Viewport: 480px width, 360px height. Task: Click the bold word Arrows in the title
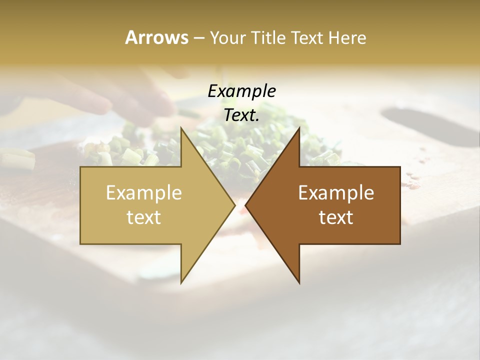tap(156, 37)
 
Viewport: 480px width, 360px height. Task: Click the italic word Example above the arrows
tap(241, 91)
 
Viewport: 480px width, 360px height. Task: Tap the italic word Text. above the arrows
tap(241, 115)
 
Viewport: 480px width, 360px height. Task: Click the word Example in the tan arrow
tap(144, 193)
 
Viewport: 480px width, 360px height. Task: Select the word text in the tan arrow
tap(144, 217)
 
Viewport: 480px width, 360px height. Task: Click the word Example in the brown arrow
tap(336, 193)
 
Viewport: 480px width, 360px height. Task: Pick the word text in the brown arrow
tap(336, 217)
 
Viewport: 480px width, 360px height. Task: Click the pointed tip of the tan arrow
tap(235, 205)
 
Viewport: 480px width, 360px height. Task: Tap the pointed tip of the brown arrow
tap(245, 205)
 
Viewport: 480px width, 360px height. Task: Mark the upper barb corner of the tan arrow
tap(181, 128)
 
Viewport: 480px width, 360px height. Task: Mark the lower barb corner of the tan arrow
tap(181, 283)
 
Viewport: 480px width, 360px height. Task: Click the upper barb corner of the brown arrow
tap(299, 128)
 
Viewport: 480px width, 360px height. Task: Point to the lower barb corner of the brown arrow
tap(299, 283)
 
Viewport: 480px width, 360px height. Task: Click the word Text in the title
tap(306, 38)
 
